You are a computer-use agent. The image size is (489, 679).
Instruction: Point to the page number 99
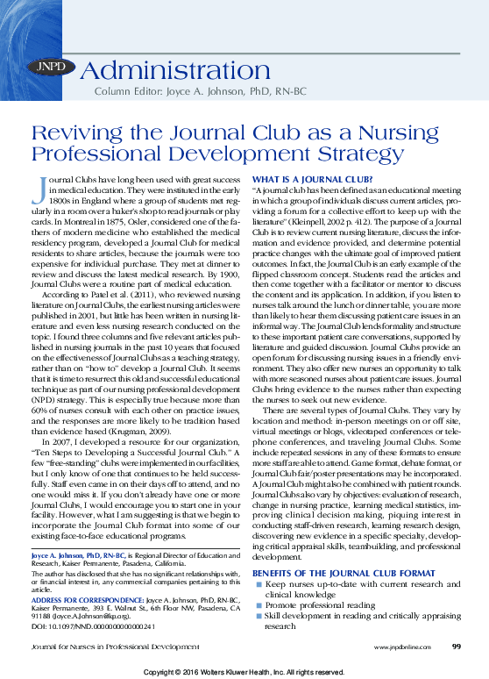coord(457,647)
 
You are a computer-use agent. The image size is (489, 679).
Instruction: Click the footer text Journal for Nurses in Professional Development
coord(109,647)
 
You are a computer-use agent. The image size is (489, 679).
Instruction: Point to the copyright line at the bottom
coord(244,671)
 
